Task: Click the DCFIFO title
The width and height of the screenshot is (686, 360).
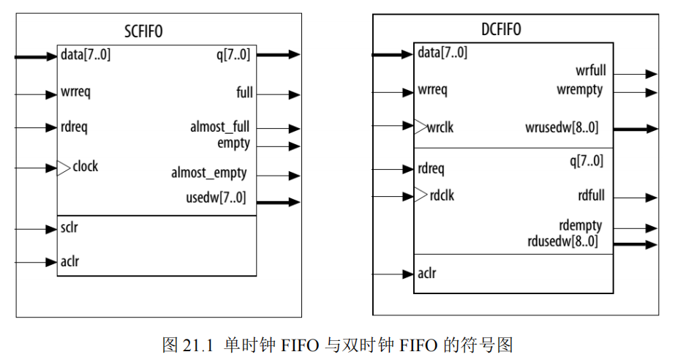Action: (x=502, y=30)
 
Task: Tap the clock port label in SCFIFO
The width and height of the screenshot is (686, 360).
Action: (x=85, y=167)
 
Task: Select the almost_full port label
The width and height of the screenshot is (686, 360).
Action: (x=219, y=127)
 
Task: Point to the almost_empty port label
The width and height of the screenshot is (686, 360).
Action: (x=209, y=174)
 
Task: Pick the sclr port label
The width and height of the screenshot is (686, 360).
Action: (x=70, y=228)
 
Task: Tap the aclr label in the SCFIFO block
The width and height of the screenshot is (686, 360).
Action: (x=70, y=260)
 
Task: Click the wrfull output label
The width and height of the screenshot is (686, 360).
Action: (x=590, y=72)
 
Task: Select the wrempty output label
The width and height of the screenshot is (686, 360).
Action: (x=579, y=90)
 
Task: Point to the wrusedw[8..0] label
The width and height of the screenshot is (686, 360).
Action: (x=562, y=128)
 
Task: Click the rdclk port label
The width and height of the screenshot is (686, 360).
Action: (x=442, y=195)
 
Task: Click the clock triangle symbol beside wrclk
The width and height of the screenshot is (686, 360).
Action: (x=421, y=127)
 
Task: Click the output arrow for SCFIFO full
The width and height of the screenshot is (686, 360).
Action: (x=293, y=94)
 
